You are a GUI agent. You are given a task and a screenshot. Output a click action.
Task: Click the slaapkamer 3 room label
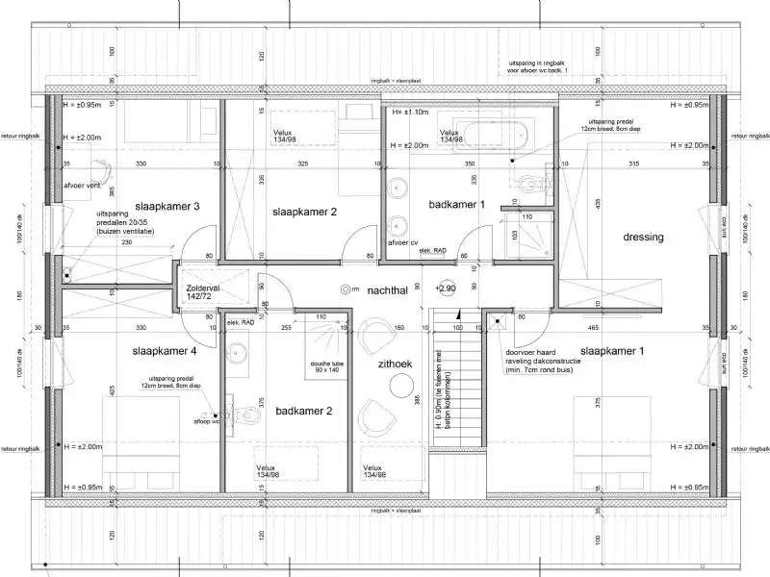point(167,207)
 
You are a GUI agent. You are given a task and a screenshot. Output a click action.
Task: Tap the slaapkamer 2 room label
point(303,213)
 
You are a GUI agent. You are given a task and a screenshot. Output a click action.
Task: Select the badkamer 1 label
point(457,205)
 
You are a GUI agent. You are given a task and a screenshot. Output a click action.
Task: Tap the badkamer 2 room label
point(303,412)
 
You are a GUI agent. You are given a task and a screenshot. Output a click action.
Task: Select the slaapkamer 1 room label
point(612,352)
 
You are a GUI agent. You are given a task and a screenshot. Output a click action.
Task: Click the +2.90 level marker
point(445,288)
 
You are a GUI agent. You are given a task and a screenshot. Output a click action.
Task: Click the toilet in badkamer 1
point(526,183)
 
